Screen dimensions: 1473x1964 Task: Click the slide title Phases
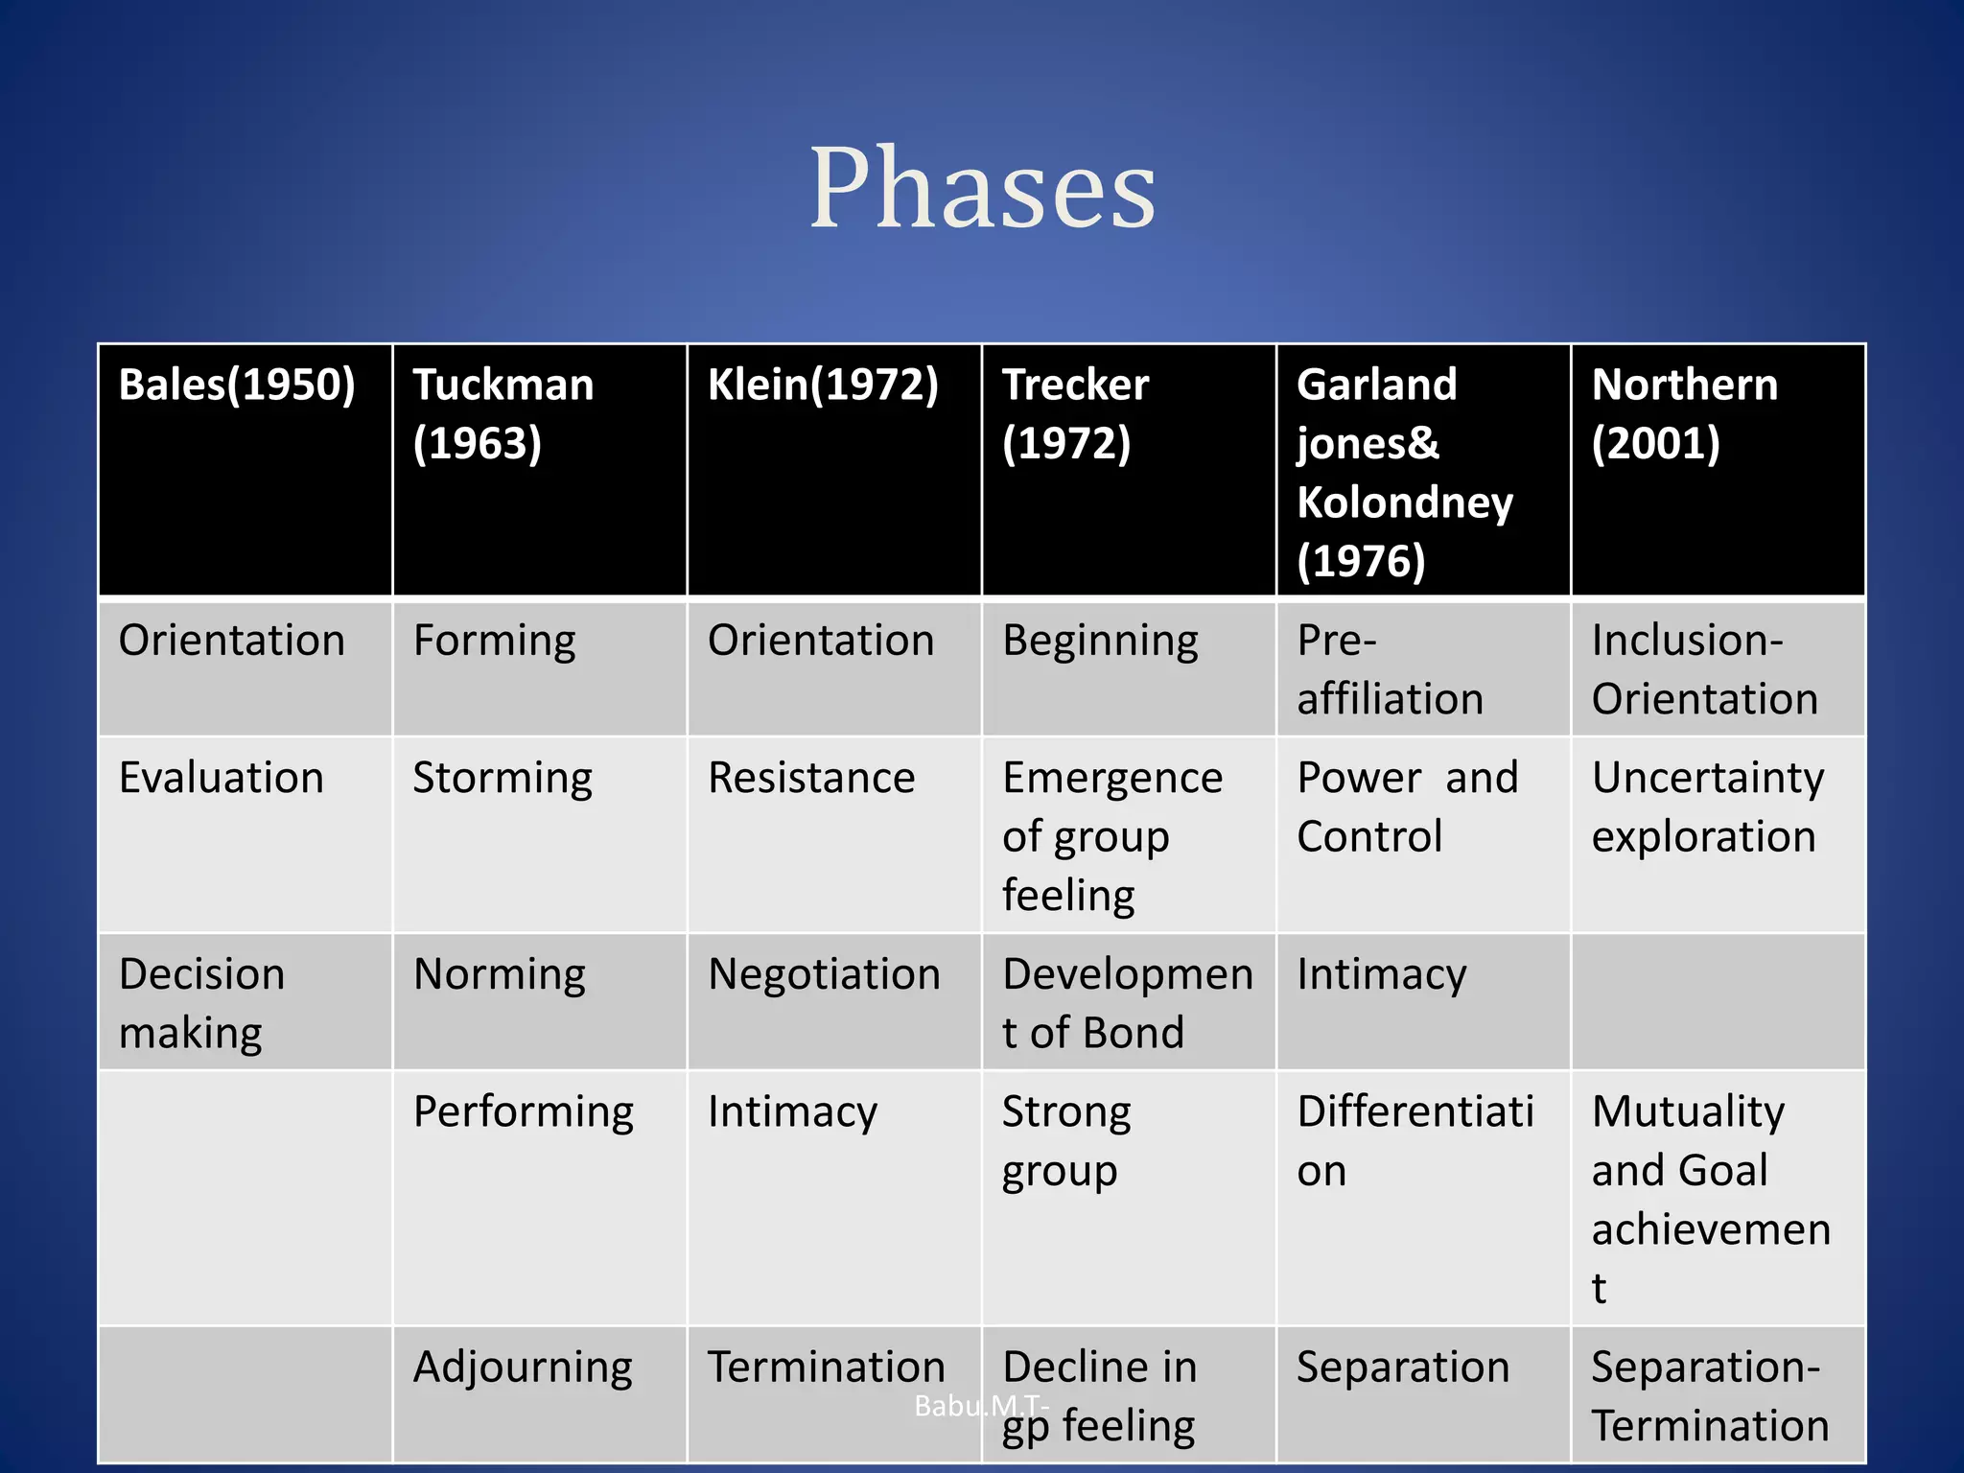coord(982,188)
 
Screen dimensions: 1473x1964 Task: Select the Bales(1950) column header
coord(237,386)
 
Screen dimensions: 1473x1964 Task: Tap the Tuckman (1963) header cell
coord(503,413)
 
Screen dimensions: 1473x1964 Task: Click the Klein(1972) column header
coord(823,386)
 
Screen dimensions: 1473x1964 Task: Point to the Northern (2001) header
coord(1685,413)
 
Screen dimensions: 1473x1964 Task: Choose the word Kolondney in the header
coord(1405,503)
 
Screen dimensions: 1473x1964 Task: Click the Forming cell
coord(494,641)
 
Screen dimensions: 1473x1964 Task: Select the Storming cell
coord(503,778)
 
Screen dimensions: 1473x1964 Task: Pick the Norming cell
coord(499,974)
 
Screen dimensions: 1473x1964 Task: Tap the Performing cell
coord(524,1112)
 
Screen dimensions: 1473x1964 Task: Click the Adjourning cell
coord(523,1368)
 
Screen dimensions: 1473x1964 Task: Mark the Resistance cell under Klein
coord(811,778)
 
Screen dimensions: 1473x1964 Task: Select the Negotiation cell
coord(824,974)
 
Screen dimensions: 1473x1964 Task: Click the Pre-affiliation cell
coord(1390,669)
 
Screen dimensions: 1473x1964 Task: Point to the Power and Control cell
coord(1406,807)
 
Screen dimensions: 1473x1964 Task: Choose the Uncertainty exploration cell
coord(1707,807)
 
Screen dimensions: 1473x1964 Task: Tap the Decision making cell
coord(201,1003)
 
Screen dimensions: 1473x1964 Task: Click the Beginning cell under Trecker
coord(1100,641)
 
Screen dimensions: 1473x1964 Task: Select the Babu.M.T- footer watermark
coord(980,1406)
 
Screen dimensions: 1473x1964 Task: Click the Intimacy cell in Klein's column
coord(792,1112)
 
